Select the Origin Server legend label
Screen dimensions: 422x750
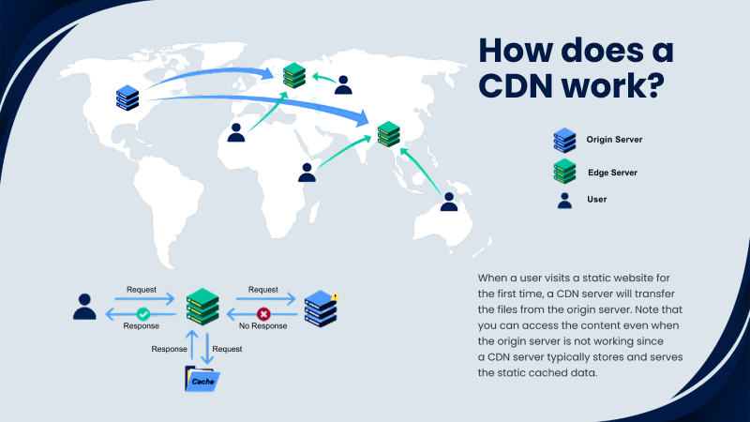pos(614,140)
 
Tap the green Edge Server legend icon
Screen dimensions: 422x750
pos(564,170)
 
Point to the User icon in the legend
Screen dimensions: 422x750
pos(564,200)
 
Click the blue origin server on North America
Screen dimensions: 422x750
pos(127,97)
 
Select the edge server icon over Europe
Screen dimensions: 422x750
pos(294,74)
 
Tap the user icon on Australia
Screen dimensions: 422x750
pos(449,201)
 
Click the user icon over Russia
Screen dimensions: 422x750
pos(344,84)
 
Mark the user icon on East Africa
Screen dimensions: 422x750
pos(307,172)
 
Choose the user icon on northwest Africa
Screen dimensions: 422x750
pos(236,132)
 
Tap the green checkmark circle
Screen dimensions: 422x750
pos(143,314)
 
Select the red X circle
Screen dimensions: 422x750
pos(263,314)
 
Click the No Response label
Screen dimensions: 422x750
pos(263,326)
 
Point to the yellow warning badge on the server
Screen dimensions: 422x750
pos(335,297)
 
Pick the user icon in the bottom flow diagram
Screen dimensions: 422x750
pos(84,307)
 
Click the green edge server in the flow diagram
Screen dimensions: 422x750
pos(202,306)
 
